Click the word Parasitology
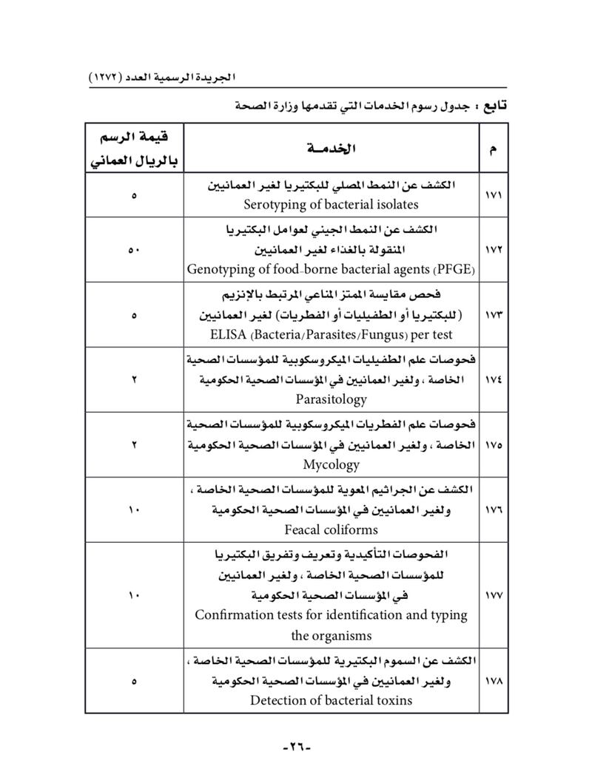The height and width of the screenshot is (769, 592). (x=331, y=399)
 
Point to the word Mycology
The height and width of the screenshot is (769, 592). (x=331, y=464)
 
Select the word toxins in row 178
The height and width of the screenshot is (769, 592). (x=391, y=699)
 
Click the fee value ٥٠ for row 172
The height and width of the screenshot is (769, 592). (x=134, y=250)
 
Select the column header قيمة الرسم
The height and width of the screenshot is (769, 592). (x=134, y=138)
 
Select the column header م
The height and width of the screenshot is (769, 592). (x=494, y=149)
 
